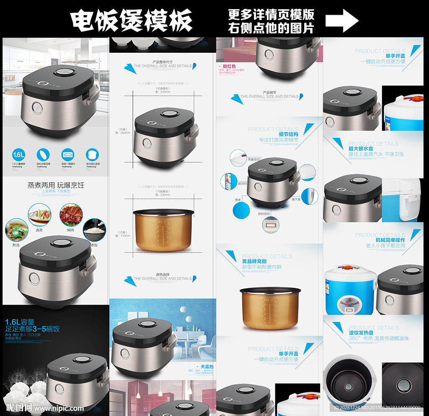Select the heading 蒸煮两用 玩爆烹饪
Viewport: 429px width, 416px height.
click(x=56, y=185)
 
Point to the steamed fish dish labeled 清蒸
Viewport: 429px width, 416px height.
click(x=39, y=214)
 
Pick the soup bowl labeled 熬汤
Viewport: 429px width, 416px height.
click(x=16, y=230)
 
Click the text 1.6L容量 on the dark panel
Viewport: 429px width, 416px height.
click(x=19, y=322)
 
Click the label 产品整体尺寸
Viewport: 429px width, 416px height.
click(x=163, y=62)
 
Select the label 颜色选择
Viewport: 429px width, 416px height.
click(x=163, y=274)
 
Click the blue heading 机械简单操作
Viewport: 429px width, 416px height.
click(x=390, y=240)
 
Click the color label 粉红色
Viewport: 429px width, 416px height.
click(x=229, y=67)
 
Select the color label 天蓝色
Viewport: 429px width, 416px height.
click(x=207, y=367)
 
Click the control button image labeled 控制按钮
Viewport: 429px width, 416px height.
click(x=269, y=225)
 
